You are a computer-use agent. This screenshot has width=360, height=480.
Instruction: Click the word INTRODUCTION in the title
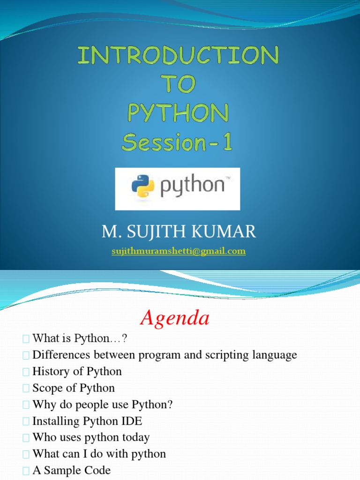(x=178, y=57)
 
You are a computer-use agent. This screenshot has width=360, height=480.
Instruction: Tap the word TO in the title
(x=178, y=85)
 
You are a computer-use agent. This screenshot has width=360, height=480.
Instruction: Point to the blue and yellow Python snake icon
(x=143, y=186)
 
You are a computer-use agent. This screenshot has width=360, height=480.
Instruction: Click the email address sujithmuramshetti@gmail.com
(x=178, y=251)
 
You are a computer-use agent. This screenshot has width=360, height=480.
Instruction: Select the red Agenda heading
(x=175, y=319)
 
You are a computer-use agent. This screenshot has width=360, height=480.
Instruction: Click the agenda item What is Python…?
(x=80, y=338)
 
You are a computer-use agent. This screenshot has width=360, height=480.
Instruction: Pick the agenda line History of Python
(x=77, y=371)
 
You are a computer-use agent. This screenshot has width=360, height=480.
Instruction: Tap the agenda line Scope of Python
(x=74, y=388)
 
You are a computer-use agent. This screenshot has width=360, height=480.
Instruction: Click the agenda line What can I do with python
(x=99, y=454)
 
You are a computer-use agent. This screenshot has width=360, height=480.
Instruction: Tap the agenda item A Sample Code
(x=71, y=470)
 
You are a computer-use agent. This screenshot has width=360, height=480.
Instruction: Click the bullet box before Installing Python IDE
(x=25, y=421)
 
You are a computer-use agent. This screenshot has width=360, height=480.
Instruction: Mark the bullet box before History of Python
(x=25, y=372)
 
